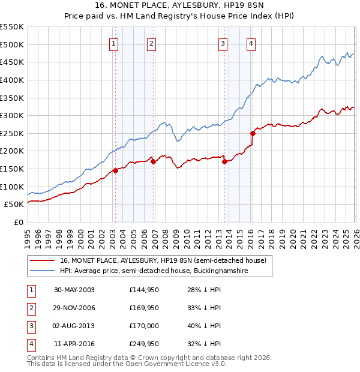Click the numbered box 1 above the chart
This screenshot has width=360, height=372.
[x=114, y=43]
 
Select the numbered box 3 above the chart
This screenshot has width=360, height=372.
[x=223, y=43]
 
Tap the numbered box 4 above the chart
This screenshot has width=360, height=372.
[x=251, y=43]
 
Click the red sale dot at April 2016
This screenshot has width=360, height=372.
[x=253, y=133]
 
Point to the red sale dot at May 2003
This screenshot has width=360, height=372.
[x=116, y=170]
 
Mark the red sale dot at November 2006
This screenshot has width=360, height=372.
[x=154, y=161]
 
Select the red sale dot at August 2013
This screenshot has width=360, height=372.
[x=224, y=161]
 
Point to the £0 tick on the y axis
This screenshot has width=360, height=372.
[x=18, y=222]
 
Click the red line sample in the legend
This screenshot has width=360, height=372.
[x=43, y=260]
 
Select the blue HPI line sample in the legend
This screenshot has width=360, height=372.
[x=43, y=271]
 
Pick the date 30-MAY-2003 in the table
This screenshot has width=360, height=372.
[x=74, y=290]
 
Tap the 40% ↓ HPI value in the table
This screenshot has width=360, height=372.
[x=204, y=326]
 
